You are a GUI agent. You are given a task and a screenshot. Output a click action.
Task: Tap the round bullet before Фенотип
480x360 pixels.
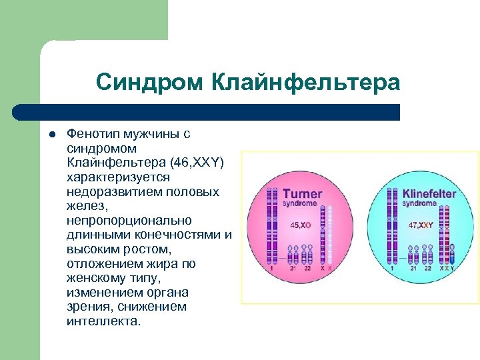[x=49, y=134]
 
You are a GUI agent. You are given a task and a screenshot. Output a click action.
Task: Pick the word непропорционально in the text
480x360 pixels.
[x=129, y=221]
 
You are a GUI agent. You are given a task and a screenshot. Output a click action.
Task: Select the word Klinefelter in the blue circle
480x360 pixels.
[x=429, y=194]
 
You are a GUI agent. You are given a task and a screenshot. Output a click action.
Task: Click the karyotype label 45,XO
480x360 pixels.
[x=301, y=225]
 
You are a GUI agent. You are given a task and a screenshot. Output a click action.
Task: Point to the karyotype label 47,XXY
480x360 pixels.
[x=421, y=225]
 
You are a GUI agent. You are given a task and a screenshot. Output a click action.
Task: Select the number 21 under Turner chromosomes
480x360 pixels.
[x=293, y=269]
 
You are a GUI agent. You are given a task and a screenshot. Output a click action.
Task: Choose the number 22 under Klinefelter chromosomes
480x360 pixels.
[x=427, y=269]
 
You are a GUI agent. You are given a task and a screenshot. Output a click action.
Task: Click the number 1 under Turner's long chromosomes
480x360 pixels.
[x=271, y=269]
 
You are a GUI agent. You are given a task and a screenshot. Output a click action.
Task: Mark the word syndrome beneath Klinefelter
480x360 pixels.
[x=420, y=203]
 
